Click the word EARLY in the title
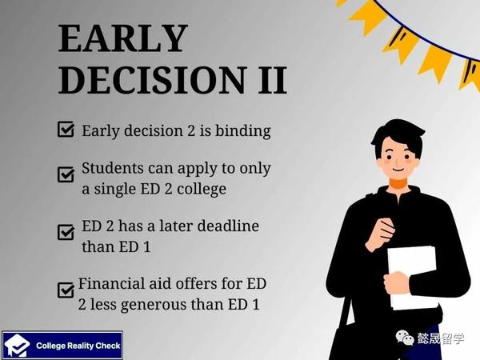tap(122, 39)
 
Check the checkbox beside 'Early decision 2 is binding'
tap(66, 129)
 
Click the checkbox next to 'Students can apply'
tap(66, 174)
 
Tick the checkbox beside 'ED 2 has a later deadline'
tap(66, 232)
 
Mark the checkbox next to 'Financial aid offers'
tap(66, 290)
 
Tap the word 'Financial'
tap(110, 284)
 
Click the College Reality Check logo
tap(62, 346)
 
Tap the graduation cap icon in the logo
tap(17, 346)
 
